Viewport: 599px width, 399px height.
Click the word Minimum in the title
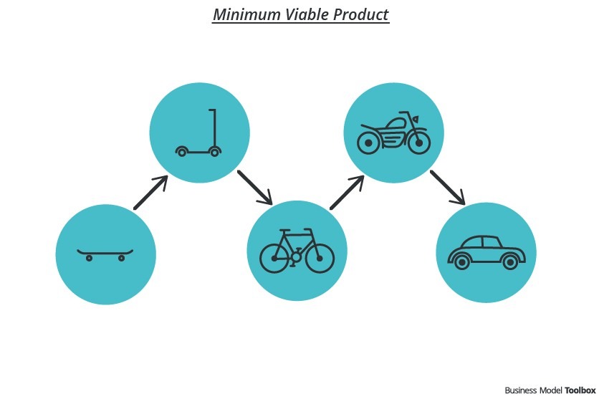coord(246,14)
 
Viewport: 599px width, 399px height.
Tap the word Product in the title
coord(361,14)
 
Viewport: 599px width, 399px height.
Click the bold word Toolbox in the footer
coord(580,390)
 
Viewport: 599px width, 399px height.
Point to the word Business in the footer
coord(521,390)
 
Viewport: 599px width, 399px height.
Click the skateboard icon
coord(105,255)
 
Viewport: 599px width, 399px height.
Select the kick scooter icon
coord(198,133)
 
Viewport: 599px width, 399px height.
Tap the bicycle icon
coord(297,251)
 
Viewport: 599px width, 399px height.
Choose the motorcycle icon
coord(394,133)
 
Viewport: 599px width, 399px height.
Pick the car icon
coord(487,252)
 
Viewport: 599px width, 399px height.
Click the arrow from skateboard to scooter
coord(151,193)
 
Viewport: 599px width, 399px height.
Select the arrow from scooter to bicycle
coord(255,188)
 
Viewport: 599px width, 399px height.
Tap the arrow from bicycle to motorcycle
coord(347,193)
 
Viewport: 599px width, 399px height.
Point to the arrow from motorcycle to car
coord(448,188)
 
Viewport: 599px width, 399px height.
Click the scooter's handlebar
coord(212,110)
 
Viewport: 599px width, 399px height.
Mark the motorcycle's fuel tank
coord(395,124)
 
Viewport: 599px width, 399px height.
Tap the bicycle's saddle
coord(284,230)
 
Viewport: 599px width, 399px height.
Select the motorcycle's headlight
coord(415,119)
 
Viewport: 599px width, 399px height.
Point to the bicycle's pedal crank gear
coord(295,256)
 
